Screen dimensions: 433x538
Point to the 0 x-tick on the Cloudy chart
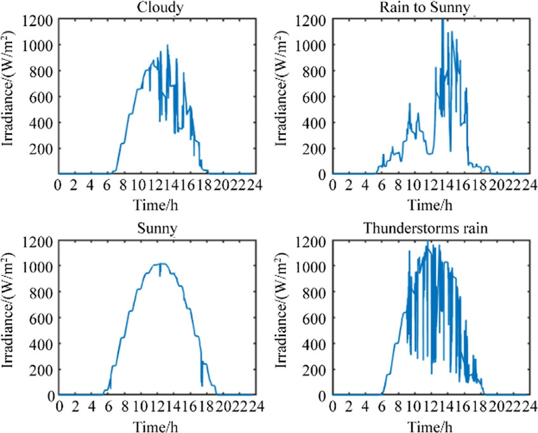58,185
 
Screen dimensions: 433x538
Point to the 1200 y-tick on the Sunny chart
39,241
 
